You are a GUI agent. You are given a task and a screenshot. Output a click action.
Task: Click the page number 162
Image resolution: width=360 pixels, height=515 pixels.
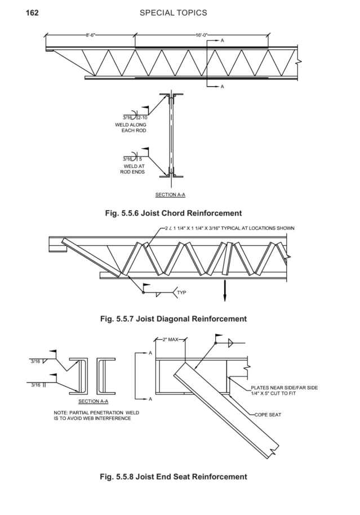coord(32,12)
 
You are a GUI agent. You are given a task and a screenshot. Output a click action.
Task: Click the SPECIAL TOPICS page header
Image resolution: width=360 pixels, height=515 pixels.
coord(173,12)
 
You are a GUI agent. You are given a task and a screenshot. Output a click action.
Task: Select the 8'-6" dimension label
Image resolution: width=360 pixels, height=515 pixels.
coord(90,35)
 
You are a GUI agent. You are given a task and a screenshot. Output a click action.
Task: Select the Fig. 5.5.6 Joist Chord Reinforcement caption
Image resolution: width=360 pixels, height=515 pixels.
coord(173,213)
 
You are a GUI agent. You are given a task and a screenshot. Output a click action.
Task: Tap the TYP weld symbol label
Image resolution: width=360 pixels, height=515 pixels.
coord(181,293)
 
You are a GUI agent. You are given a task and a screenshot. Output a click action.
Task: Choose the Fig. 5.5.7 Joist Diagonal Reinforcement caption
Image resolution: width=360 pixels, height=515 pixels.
coord(173,319)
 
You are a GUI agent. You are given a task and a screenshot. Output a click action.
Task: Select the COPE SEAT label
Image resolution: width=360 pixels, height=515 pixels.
coord(269,414)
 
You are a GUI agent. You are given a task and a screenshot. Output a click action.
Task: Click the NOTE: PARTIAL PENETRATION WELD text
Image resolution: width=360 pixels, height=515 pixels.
coord(96,415)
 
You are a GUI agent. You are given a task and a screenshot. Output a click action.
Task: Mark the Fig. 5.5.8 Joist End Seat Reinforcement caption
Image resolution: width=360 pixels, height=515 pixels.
coord(173,477)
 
